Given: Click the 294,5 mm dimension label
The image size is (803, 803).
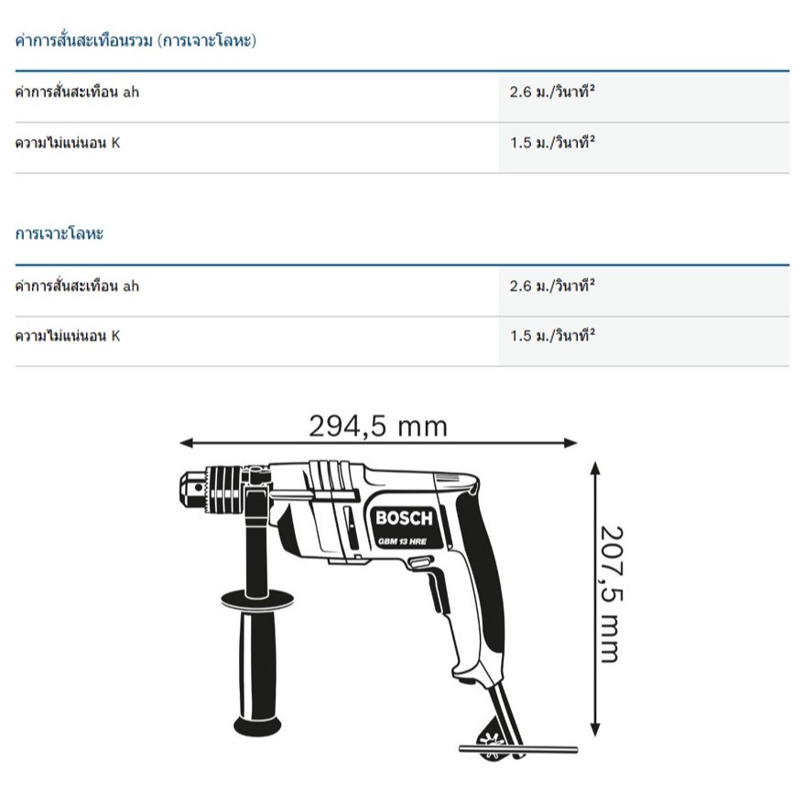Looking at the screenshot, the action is tap(378, 426).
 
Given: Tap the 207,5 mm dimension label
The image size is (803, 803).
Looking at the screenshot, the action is tap(612, 594).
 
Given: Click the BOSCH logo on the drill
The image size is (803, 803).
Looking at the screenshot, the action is tap(404, 518).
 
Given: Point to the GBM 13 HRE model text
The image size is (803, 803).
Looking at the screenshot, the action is tap(403, 541).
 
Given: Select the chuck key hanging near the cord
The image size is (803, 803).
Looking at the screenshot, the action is tap(517, 749).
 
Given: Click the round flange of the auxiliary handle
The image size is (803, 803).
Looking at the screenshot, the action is tap(257, 598).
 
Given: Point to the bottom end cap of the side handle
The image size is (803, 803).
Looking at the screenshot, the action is tap(257, 725).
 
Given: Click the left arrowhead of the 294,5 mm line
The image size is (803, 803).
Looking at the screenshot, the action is tap(186, 443).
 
